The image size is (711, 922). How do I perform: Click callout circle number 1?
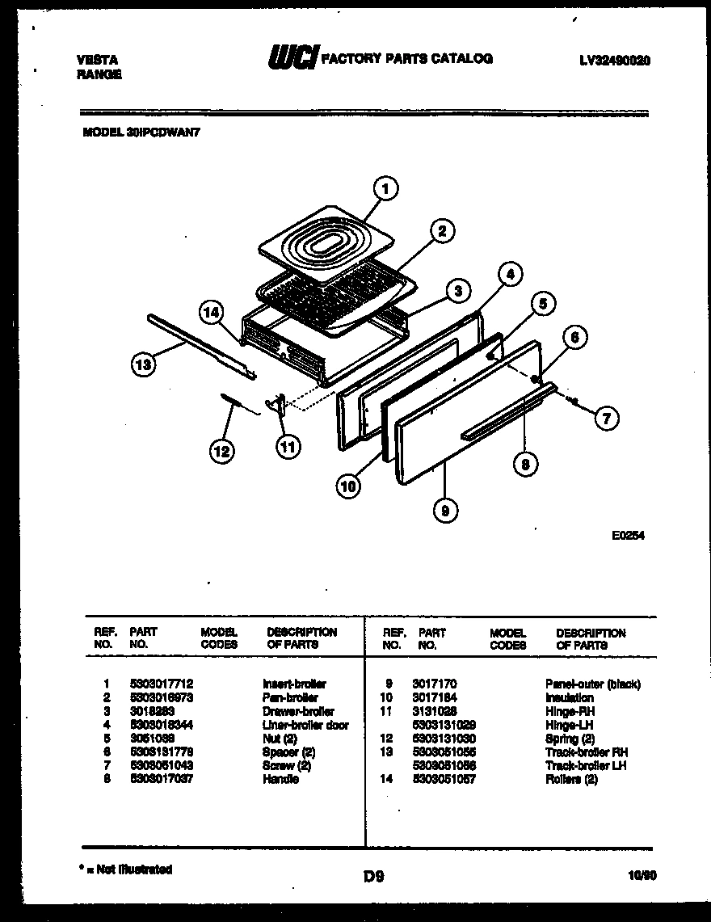click(386, 189)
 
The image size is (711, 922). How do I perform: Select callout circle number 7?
click(606, 418)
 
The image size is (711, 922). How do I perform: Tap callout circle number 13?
click(143, 366)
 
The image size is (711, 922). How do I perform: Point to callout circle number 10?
click(348, 486)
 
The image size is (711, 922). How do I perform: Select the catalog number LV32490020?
click(615, 61)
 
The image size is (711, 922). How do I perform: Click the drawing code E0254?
click(629, 534)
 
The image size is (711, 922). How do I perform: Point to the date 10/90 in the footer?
click(641, 874)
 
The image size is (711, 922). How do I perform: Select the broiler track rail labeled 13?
click(202, 345)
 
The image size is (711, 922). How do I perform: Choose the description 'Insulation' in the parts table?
click(569, 697)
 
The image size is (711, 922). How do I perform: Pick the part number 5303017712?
click(161, 684)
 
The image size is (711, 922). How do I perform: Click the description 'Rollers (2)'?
click(571, 779)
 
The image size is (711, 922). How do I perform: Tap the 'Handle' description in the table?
click(280, 779)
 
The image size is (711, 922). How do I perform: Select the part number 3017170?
click(434, 684)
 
